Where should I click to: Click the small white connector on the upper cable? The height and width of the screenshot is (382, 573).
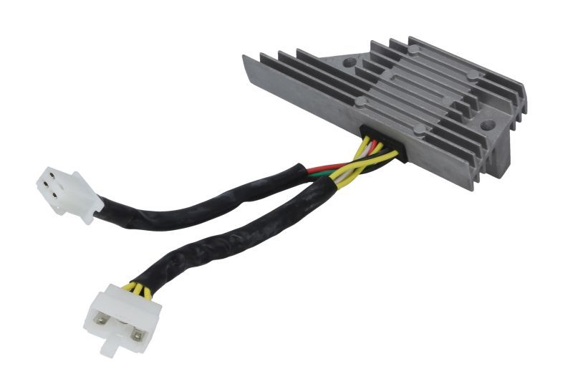pyautogui.click(x=68, y=194)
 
